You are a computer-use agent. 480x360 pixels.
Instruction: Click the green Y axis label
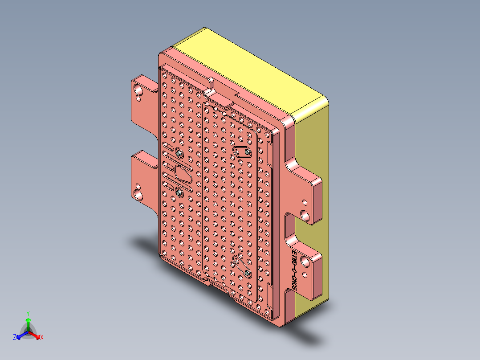[x=28, y=313]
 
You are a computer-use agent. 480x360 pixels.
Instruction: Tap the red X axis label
[x=42, y=338]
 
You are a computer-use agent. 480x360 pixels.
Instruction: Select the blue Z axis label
[x=15, y=338]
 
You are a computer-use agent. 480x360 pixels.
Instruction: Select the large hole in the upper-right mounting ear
[x=305, y=216]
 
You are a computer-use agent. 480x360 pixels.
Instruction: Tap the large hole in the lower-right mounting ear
[x=305, y=261]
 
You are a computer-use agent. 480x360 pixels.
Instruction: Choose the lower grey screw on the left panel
[x=179, y=193]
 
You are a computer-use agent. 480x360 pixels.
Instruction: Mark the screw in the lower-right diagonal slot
[x=246, y=273]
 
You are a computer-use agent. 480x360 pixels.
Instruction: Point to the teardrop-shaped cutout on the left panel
[x=183, y=173]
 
